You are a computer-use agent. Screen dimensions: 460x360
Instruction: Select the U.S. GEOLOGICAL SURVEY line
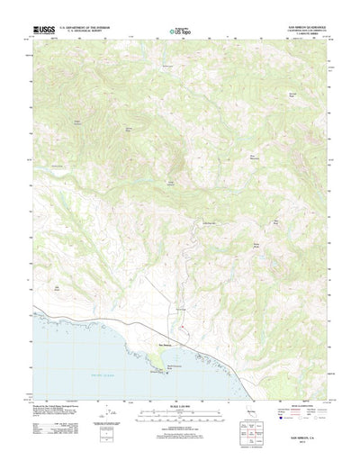[x=84, y=34]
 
